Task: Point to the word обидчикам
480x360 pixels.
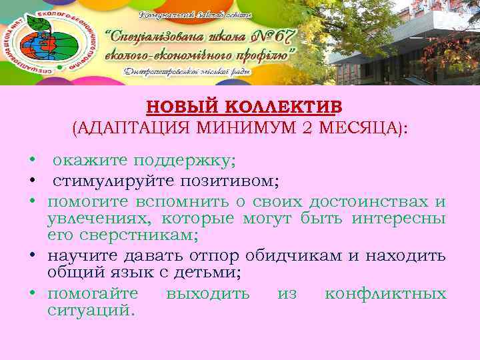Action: pos(293,255)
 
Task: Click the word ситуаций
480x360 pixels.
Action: pos(91,310)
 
